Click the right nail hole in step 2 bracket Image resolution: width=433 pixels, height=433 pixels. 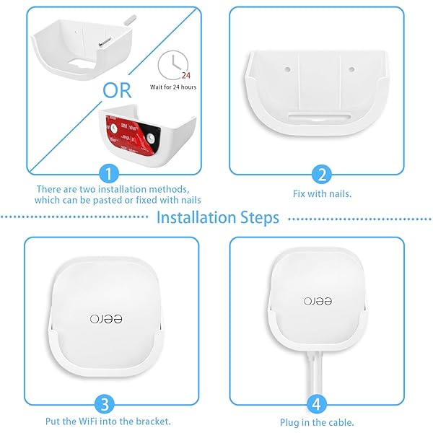[351, 71]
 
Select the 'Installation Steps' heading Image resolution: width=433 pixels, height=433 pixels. [217, 217]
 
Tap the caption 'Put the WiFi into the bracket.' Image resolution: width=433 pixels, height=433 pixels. [112, 421]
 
